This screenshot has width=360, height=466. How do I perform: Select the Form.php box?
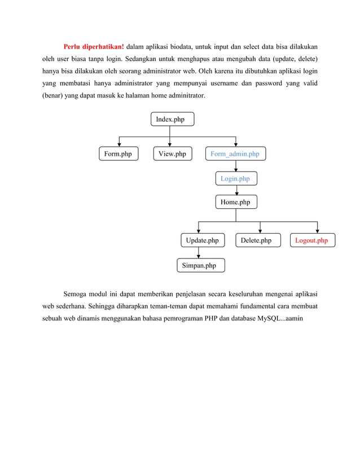coord(118,153)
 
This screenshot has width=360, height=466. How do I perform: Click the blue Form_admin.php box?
coord(235,153)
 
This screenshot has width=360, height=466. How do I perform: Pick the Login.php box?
coord(235,179)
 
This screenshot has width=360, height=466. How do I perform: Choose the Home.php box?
coord(235,202)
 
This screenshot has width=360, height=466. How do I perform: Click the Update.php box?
coord(202,241)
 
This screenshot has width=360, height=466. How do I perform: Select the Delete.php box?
coord(256,241)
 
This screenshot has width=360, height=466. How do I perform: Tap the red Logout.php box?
coord(311,241)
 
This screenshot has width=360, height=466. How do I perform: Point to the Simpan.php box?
coord(199,265)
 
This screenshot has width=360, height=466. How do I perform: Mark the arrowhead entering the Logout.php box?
coord(317,230)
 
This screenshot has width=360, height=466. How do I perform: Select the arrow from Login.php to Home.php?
coord(236,191)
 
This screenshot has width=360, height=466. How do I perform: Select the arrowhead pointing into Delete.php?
coord(260,230)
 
